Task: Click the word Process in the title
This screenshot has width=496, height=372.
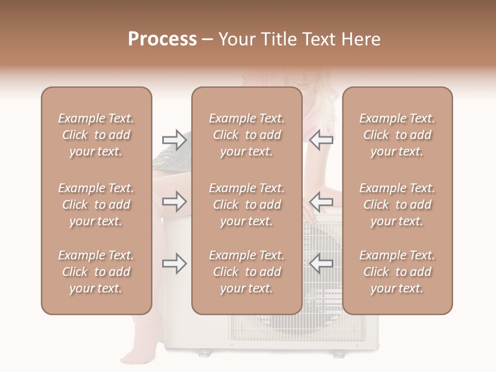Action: coord(162,39)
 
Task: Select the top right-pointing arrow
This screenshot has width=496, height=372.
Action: coord(174,139)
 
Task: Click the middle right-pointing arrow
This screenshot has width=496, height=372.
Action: coord(174,202)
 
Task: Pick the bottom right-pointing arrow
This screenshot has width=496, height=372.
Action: coord(174,263)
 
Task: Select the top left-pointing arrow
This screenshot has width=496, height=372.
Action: coord(321,139)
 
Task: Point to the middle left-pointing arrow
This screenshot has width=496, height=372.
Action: coord(321,202)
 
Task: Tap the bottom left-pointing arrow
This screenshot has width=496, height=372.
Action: coord(321,263)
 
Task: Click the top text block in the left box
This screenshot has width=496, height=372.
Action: coord(96,135)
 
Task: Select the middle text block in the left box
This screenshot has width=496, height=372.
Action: coord(96,205)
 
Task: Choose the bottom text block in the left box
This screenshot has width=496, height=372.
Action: coord(96,272)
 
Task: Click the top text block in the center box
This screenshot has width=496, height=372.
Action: coord(246,135)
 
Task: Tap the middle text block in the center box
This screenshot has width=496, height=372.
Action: coord(246,205)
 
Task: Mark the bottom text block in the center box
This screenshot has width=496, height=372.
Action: coord(246,272)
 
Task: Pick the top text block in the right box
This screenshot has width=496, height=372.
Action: coord(397,135)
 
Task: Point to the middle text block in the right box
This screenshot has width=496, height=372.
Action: coord(397,205)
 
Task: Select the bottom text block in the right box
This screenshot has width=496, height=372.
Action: coord(397,272)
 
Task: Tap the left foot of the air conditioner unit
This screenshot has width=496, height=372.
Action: coord(205,353)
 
